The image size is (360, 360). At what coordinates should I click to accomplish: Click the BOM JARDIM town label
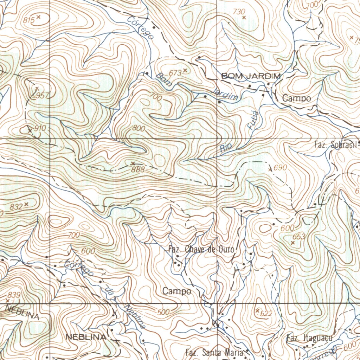[x=251, y=76]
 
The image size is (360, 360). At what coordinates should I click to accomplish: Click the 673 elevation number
[x=175, y=73]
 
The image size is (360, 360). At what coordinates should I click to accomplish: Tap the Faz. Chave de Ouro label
[x=201, y=250]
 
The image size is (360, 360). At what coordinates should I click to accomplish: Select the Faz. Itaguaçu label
[x=309, y=338]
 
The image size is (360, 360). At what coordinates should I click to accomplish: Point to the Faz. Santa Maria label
[x=214, y=352]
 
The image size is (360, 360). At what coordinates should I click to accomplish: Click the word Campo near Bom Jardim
[x=297, y=98]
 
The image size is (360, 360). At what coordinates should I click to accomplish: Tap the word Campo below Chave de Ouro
[x=177, y=291]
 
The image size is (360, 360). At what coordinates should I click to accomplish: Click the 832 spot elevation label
[x=16, y=207]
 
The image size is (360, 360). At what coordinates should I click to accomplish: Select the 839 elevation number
[x=14, y=295]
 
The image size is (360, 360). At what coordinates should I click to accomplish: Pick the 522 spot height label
[x=266, y=314]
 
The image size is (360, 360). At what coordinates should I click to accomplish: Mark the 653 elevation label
[x=299, y=237]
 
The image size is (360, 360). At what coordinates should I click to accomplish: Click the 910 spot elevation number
[x=40, y=128]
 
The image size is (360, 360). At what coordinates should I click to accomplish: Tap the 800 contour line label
[x=139, y=129]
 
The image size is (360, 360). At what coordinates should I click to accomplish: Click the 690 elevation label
[x=280, y=168]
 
